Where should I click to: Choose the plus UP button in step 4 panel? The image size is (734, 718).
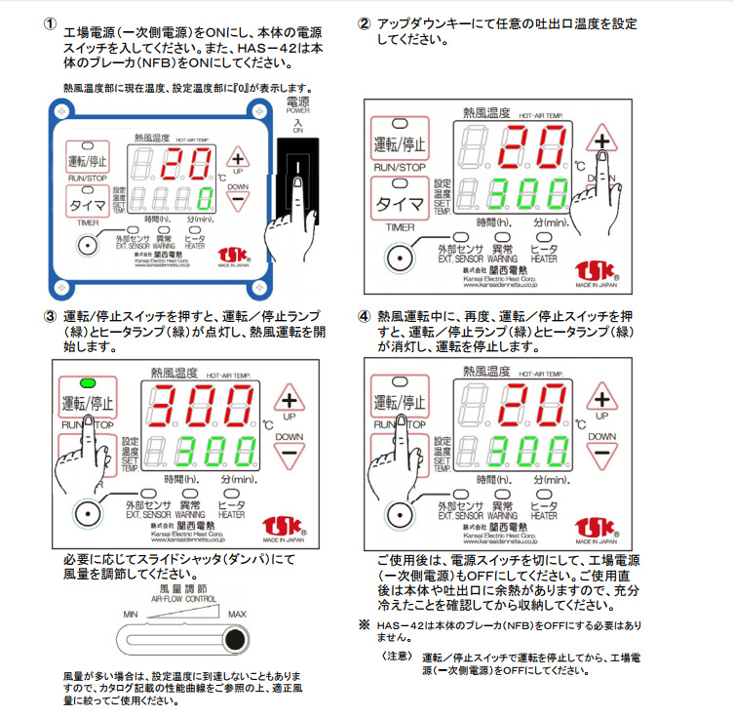tap(602, 399)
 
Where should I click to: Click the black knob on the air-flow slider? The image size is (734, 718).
tap(234, 640)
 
